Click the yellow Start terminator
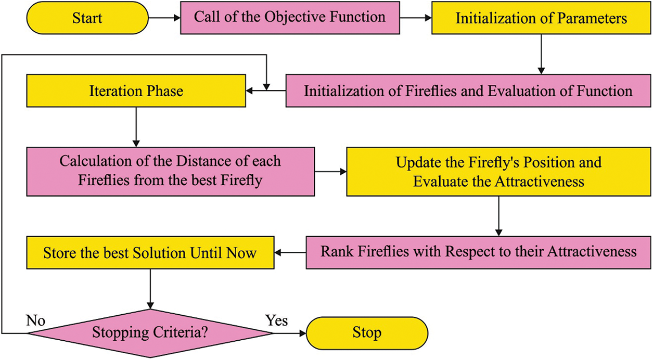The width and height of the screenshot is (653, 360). click(x=87, y=18)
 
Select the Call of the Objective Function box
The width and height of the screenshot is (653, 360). click(x=290, y=17)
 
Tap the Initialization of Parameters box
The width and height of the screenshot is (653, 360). click(x=541, y=18)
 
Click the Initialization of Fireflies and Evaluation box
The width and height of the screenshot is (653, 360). click(x=468, y=91)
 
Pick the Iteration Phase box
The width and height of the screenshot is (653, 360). click(x=136, y=91)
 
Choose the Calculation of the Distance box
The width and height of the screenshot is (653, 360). click(x=170, y=171)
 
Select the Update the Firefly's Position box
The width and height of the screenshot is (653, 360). click(x=498, y=171)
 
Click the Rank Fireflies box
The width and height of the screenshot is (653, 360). click(x=478, y=252)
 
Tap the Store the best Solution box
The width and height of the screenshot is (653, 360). click(x=150, y=253)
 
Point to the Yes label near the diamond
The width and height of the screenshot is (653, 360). click(x=276, y=319)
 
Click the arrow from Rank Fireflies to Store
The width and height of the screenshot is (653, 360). click(x=290, y=253)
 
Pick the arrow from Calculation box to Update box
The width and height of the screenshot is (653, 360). click(x=330, y=171)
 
